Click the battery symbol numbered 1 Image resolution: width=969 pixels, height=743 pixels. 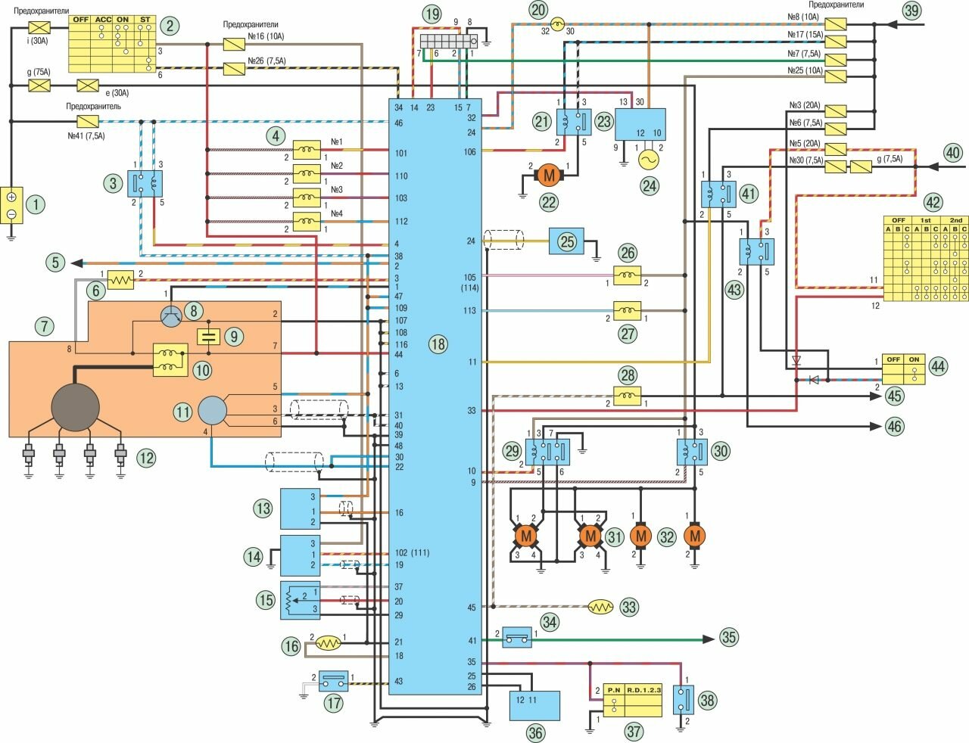click(11, 205)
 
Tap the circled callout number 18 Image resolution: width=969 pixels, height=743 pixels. click(438, 344)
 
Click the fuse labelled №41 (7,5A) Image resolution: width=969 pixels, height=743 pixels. click(88, 121)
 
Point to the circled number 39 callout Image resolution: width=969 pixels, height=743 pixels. click(911, 10)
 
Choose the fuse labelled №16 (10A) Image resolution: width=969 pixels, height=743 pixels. click(233, 45)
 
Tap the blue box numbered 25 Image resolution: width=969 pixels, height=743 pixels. click(566, 241)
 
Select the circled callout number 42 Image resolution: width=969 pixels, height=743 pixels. click(933, 203)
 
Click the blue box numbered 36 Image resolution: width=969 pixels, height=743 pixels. click(534, 705)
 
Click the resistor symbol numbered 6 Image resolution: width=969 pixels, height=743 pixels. click(120, 280)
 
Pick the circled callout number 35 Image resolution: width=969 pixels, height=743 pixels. click(728, 637)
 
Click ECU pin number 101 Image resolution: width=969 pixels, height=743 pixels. click(401, 153)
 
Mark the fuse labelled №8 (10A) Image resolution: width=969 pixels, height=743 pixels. click(836, 23)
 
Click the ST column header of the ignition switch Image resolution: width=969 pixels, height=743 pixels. click(144, 20)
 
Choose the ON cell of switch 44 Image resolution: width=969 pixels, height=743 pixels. click(914, 359)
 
